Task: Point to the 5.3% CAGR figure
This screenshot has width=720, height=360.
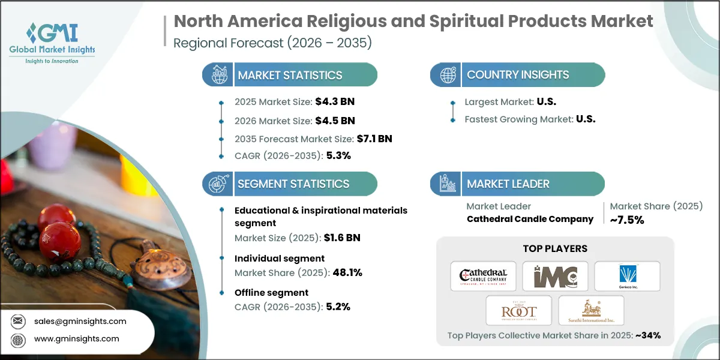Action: coord(338,155)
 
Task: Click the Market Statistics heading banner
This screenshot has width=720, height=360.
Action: coord(290,75)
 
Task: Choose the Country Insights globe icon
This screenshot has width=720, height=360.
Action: coord(448,75)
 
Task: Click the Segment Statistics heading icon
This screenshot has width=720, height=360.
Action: coord(217,184)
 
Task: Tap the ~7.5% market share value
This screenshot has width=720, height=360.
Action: coord(626,220)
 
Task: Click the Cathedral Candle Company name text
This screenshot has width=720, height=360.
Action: coord(530,219)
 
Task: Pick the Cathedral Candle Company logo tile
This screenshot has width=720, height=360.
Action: coord(483,276)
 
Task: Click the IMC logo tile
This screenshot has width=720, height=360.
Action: coord(555,276)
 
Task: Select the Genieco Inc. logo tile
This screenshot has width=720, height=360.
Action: coord(627,276)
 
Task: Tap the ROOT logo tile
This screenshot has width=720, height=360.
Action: coord(519,310)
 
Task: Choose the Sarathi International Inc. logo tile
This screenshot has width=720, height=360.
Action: coord(591,310)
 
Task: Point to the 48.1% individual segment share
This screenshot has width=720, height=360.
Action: coord(346,272)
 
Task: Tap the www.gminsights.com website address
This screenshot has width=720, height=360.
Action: coord(77,338)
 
